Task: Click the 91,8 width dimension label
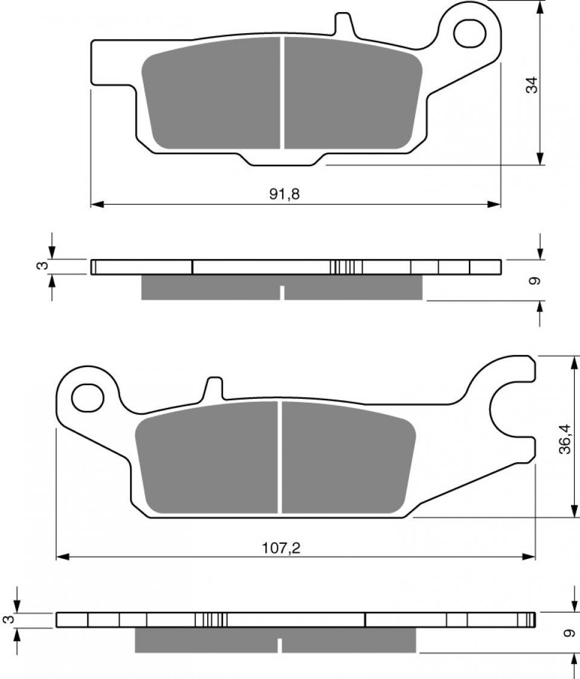point(285,194)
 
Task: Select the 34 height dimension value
point(531,85)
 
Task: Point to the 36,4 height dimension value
point(564,438)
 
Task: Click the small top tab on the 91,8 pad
point(344,23)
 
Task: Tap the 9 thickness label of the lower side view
point(567,633)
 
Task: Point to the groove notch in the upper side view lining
point(282,293)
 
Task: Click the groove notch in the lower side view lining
point(280,645)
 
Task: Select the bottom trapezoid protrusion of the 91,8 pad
point(283,159)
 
